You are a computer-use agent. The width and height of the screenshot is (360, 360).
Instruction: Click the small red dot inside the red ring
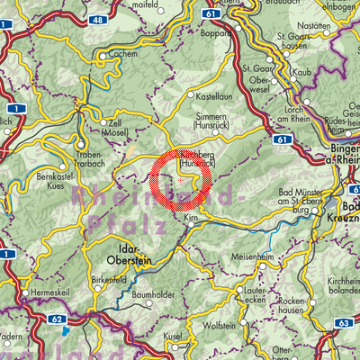click(x=181, y=181)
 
